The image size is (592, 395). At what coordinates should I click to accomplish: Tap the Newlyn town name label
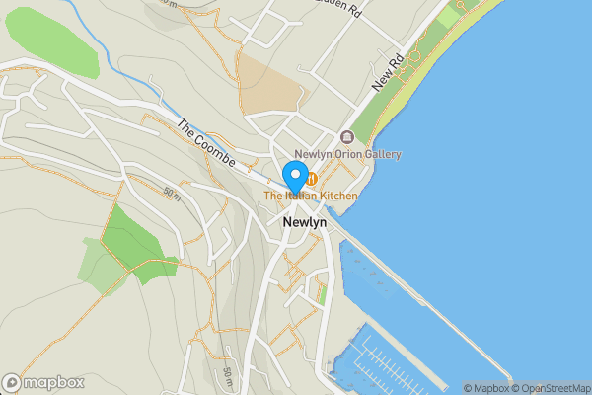[x=304, y=223]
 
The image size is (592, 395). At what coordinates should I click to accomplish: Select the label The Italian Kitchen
[x=310, y=197]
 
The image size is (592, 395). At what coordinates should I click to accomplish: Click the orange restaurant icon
[x=311, y=179]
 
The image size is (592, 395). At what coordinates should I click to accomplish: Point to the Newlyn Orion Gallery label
[x=348, y=154]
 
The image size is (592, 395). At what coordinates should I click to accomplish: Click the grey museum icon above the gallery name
[x=346, y=137]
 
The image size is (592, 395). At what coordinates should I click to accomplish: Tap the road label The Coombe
[x=205, y=142]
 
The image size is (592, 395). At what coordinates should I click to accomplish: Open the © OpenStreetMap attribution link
[x=551, y=388]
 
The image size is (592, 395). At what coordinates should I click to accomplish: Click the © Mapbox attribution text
[x=485, y=388]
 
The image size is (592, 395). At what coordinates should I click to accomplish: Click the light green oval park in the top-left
[x=51, y=44]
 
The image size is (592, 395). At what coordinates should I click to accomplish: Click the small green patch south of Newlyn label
[x=323, y=294]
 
